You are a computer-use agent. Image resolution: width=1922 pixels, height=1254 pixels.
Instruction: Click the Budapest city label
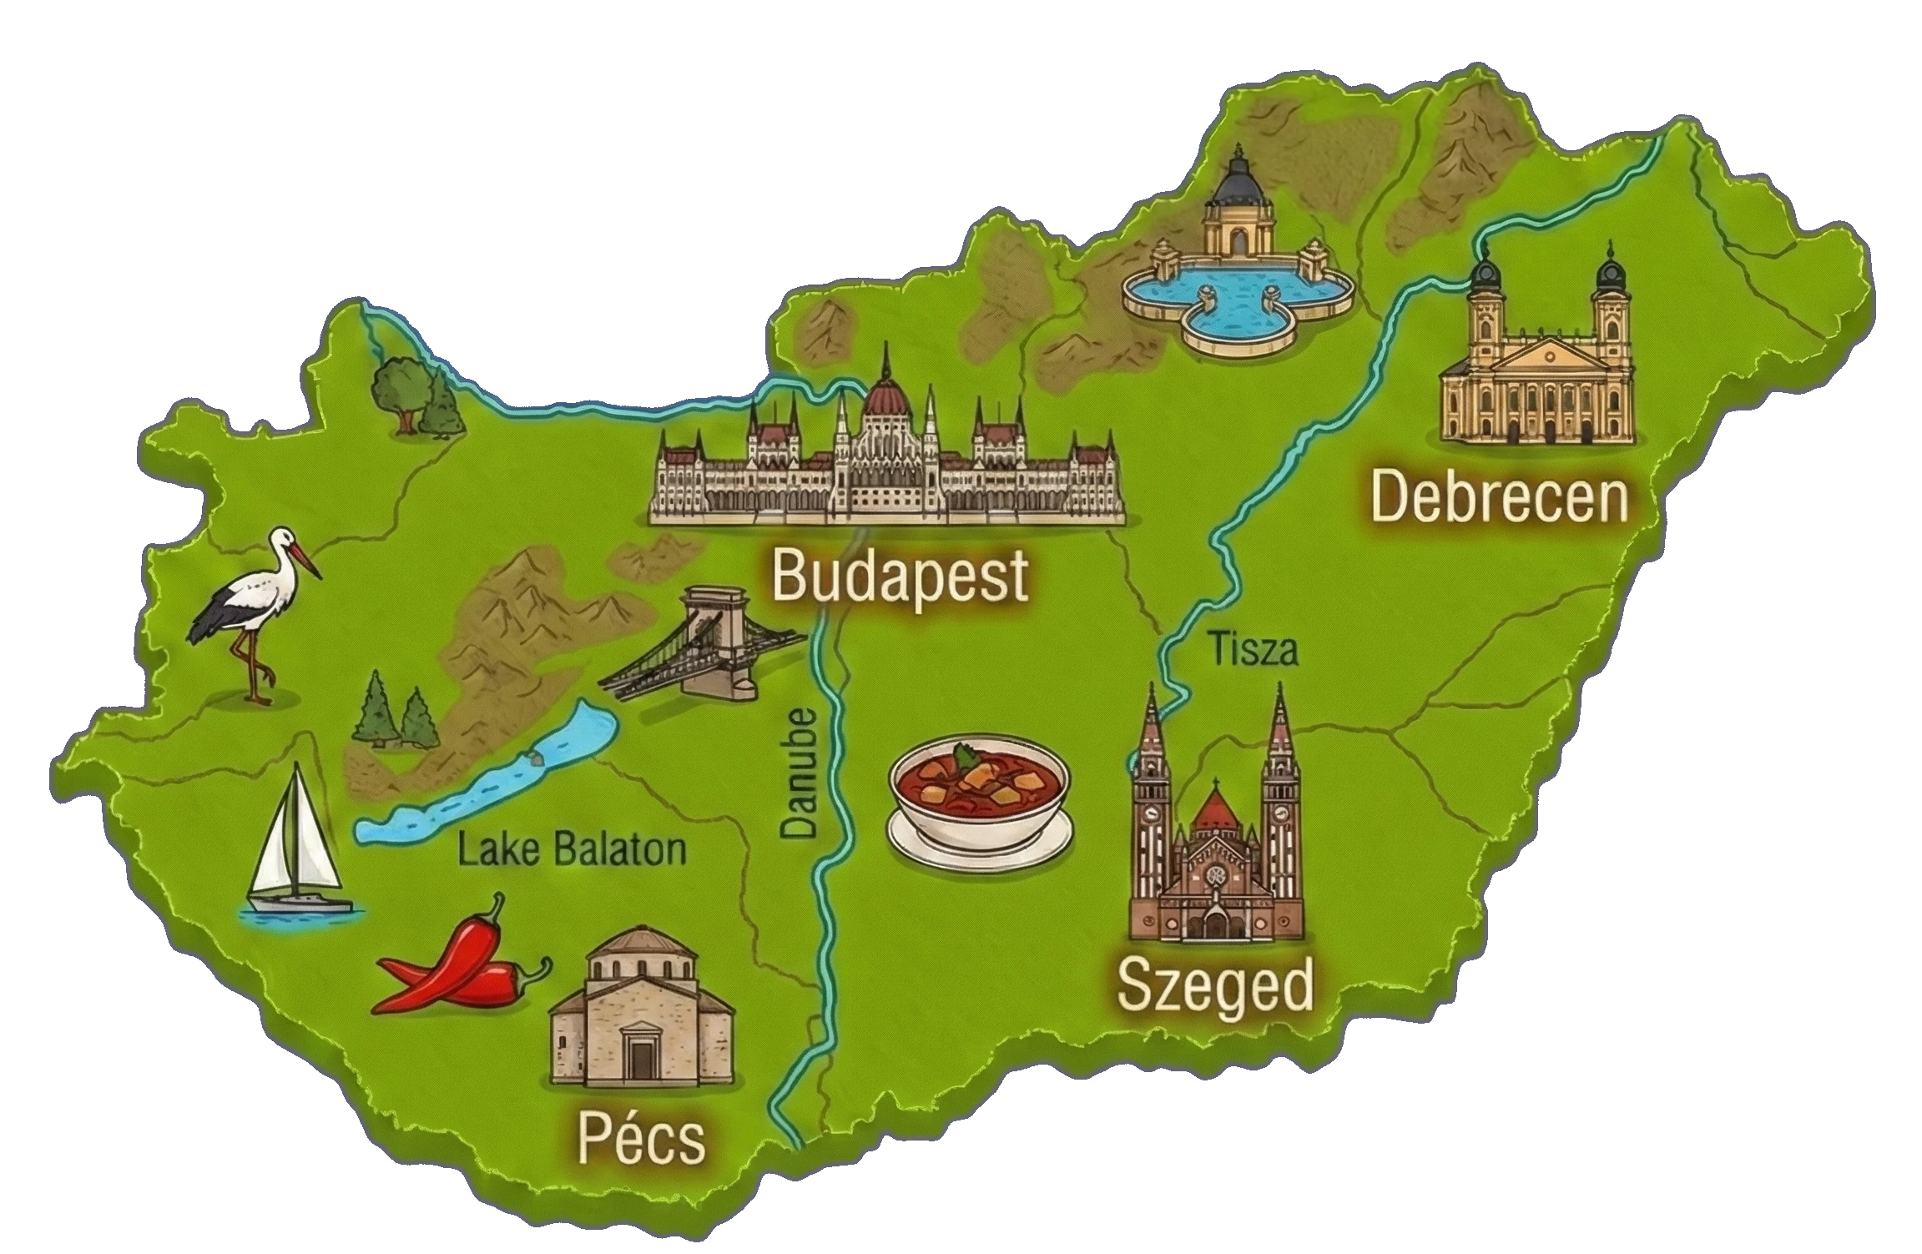(898, 575)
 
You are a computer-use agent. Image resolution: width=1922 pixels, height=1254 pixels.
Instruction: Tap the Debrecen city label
(1499, 496)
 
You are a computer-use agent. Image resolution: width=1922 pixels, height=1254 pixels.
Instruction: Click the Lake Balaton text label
(572, 850)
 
